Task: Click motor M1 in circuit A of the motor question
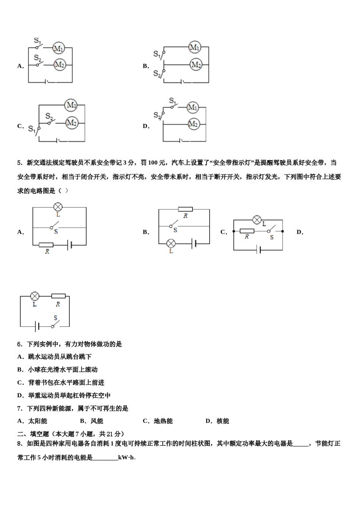[58, 48]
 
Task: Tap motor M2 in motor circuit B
[196, 64]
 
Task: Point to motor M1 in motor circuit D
[193, 108]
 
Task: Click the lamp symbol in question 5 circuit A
[58, 207]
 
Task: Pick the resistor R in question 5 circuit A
[46, 245]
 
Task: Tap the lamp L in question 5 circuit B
[171, 243]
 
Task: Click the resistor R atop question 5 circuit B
[185, 209]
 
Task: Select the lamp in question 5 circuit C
[257, 220]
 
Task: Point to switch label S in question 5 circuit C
[272, 237]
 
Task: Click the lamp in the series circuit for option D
[34, 296]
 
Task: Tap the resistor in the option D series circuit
[58, 296]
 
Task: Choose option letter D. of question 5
[300, 232]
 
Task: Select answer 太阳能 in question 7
[38, 421]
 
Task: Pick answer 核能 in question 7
[223, 421]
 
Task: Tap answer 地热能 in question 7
[163, 421]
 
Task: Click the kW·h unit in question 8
[126, 457]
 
